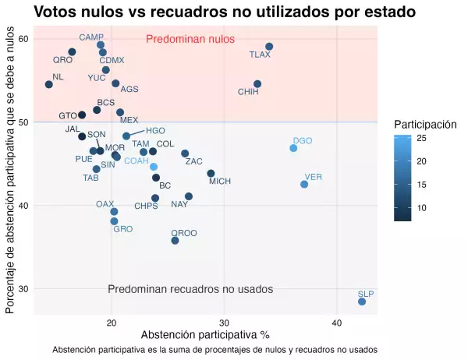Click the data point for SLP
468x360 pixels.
362,302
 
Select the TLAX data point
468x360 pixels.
269,47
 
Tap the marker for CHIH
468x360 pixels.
257,84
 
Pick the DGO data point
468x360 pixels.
293,148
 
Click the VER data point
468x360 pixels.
304,185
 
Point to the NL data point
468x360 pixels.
49,84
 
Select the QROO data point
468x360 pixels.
175,241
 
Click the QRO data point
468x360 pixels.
72,52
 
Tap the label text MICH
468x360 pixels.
220,182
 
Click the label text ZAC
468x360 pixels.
194,162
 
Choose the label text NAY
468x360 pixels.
179,205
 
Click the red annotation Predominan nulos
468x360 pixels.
190,40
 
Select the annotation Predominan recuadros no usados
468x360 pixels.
190,289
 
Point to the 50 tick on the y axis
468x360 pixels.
23,122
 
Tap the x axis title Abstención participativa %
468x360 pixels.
205,335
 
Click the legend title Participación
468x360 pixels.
425,125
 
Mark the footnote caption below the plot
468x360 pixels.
214,350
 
